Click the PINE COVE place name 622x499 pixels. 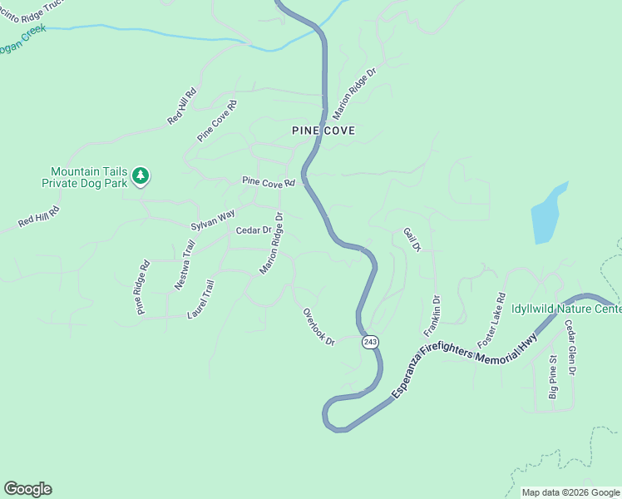click(323, 131)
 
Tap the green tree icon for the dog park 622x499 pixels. click(141, 175)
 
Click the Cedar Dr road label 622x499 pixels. click(254, 230)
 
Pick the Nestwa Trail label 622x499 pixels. click(184, 264)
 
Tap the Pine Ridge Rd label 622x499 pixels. click(142, 288)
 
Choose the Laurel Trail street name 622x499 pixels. click(201, 299)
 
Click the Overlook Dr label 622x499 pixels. click(318, 327)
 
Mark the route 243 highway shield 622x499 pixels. click(370, 342)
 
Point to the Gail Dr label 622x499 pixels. click(412, 240)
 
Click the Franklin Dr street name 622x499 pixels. click(437, 309)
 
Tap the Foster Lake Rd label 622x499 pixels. click(491, 320)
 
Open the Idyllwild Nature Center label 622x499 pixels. click(566, 309)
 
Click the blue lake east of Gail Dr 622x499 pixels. click(548, 215)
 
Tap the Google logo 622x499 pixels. click(27, 489)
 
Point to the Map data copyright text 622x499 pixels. click(571, 492)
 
